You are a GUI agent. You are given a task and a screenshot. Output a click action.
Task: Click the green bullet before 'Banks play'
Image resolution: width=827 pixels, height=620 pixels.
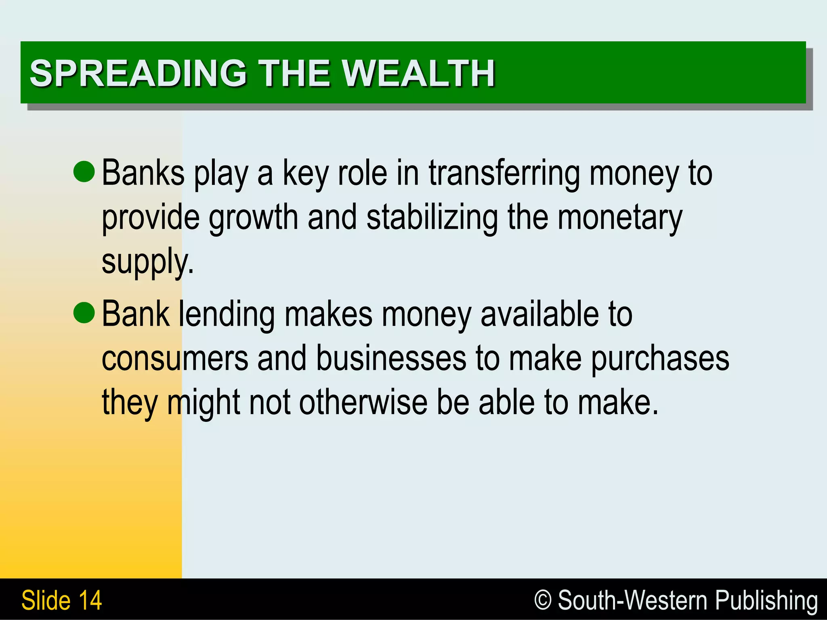[84, 171]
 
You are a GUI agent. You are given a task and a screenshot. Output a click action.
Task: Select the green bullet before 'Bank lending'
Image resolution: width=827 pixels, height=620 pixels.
[84, 313]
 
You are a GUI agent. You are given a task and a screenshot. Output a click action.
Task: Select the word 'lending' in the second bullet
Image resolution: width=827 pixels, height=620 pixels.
[227, 315]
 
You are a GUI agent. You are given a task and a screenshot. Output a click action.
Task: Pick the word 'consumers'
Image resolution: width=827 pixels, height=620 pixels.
[174, 359]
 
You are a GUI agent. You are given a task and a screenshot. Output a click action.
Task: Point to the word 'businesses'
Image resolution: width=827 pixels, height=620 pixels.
[391, 359]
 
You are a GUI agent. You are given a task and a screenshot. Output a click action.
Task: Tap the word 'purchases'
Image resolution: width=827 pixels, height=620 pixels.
[660, 360]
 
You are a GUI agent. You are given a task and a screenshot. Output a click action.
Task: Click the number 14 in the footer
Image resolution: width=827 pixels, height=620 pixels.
[90, 600]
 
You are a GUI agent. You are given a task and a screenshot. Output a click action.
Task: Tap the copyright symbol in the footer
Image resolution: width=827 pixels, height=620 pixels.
[542, 600]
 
